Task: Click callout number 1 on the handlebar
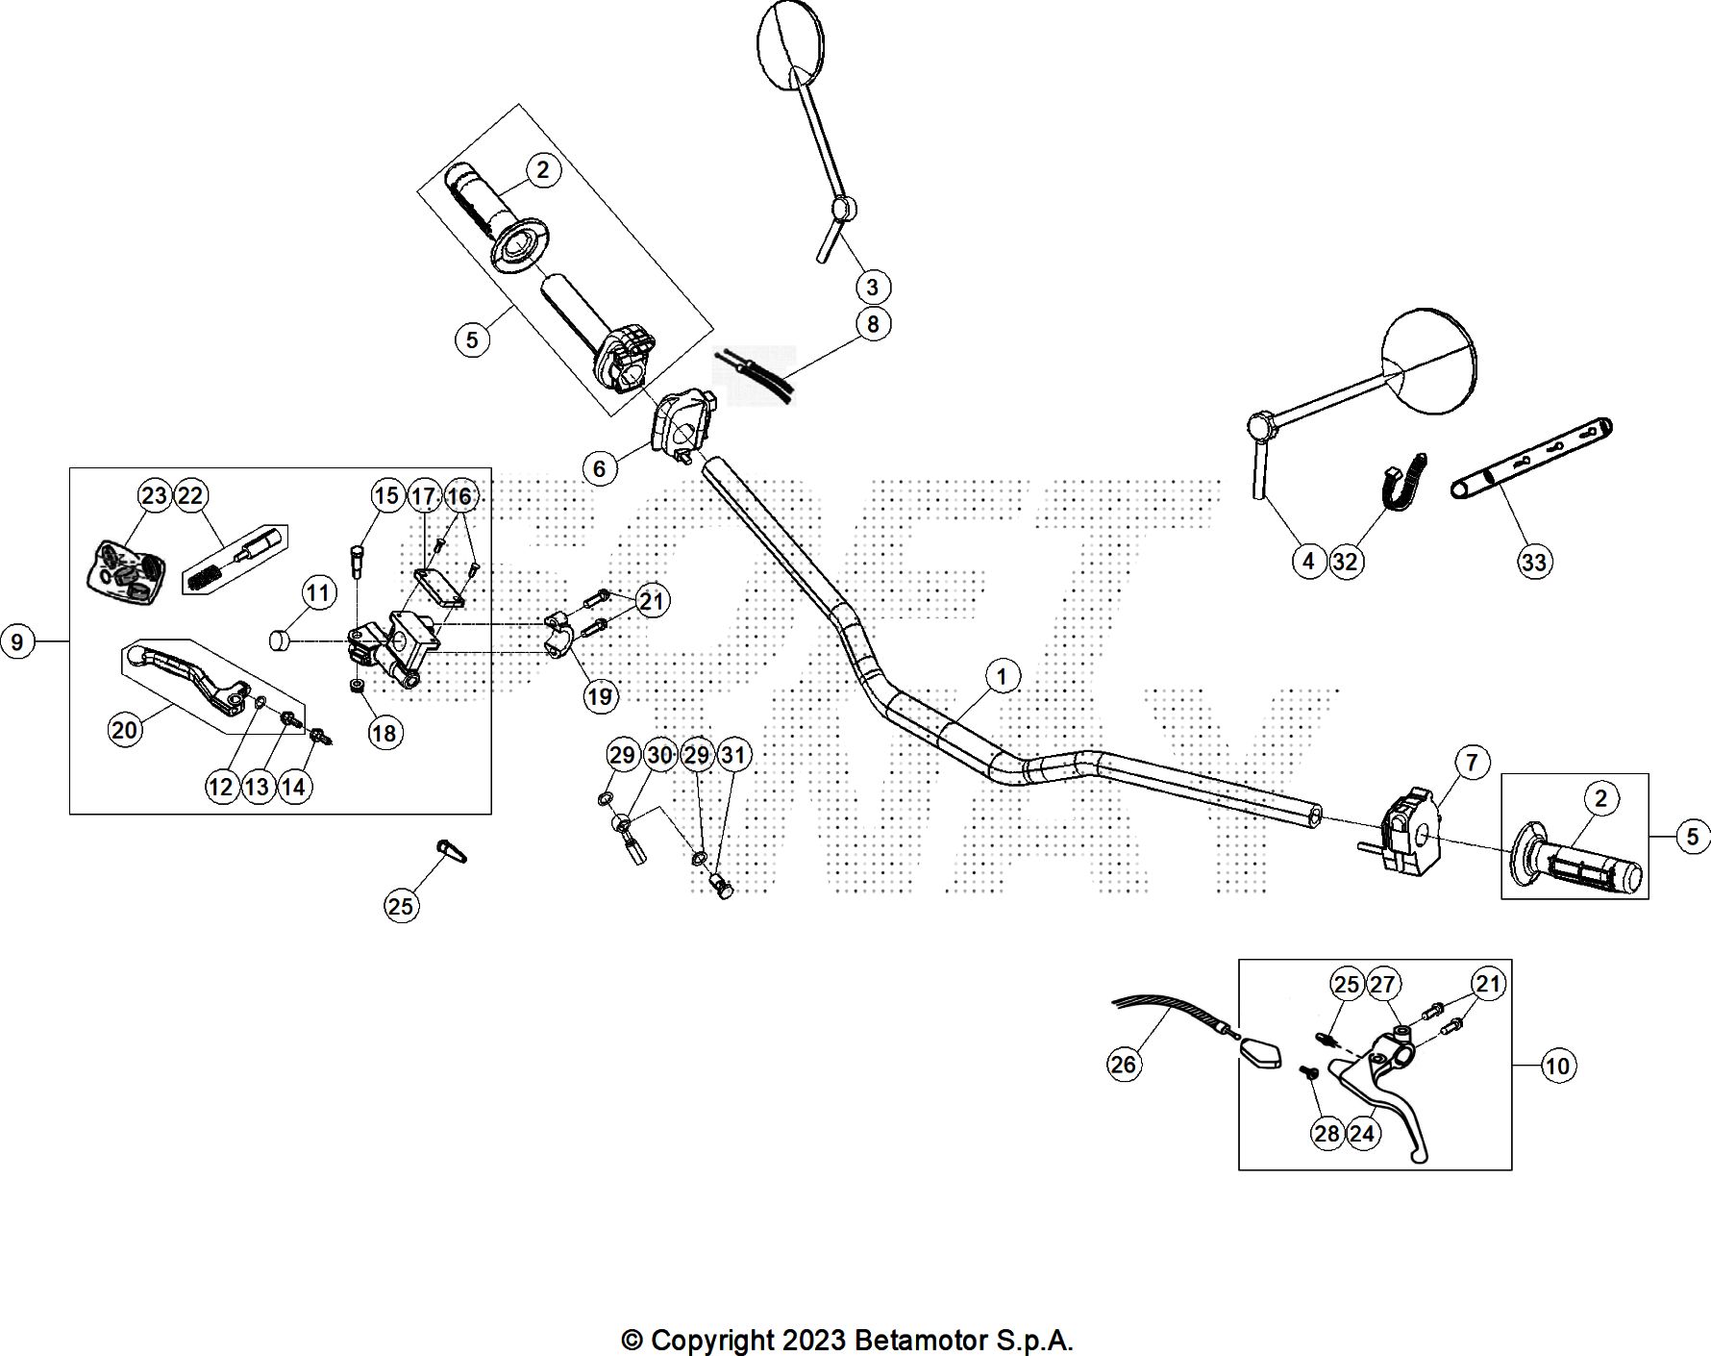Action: click(x=1001, y=676)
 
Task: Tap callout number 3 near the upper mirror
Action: click(x=872, y=287)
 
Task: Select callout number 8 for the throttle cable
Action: click(x=872, y=324)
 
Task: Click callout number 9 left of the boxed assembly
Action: click(x=16, y=640)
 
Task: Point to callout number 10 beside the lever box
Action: click(x=1557, y=1065)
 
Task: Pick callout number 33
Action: click(x=1534, y=561)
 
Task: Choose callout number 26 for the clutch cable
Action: click(x=1123, y=1064)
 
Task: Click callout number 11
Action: click(x=319, y=593)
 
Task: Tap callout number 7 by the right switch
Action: click(x=1472, y=763)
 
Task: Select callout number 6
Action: click(x=600, y=468)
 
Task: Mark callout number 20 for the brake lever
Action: click(x=125, y=730)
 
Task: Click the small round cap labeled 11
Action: click(x=278, y=640)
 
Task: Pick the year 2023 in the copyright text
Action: click(x=814, y=1340)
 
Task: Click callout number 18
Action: click(x=383, y=733)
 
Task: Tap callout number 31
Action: click(x=732, y=755)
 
